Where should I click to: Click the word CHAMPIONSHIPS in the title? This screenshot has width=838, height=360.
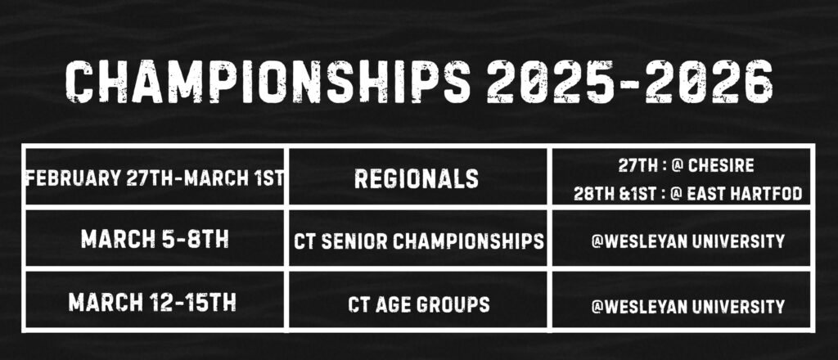[268, 83]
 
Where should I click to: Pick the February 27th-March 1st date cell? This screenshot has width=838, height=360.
[155, 178]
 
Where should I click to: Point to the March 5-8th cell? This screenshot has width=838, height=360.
[155, 239]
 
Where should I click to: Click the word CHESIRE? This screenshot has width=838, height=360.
[721, 165]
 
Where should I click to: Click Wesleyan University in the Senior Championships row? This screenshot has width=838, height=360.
[687, 241]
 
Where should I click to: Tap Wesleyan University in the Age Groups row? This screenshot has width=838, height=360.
[687, 306]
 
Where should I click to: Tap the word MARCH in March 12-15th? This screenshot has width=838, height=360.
[106, 302]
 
